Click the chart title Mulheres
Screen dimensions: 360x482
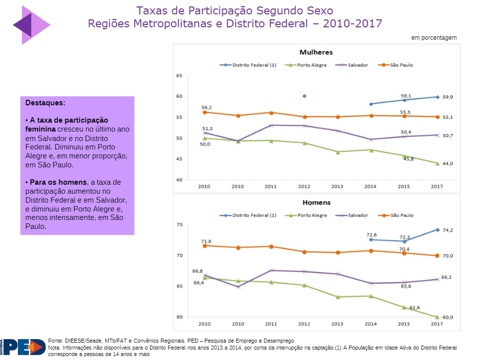[316, 52]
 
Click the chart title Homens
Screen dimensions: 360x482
[316, 203]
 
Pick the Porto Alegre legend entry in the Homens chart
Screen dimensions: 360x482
[309, 216]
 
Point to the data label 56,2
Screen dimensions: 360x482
[207, 107]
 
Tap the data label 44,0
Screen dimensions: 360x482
[448, 164]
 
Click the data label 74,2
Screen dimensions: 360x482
[448, 230]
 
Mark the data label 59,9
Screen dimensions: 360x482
[448, 97]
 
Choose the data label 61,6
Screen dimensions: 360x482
[414, 308]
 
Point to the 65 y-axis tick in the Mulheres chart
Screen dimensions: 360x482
[179, 76]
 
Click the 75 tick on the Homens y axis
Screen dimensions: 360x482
[179, 225]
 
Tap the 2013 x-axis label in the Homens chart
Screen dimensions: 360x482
[337, 324]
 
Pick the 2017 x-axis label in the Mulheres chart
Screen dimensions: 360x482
[437, 186]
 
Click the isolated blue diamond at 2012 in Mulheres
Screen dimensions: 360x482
[304, 96]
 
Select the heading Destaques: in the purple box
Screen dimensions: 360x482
[45, 103]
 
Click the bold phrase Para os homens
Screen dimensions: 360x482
[52, 182]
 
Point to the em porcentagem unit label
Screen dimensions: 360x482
[434, 38]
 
